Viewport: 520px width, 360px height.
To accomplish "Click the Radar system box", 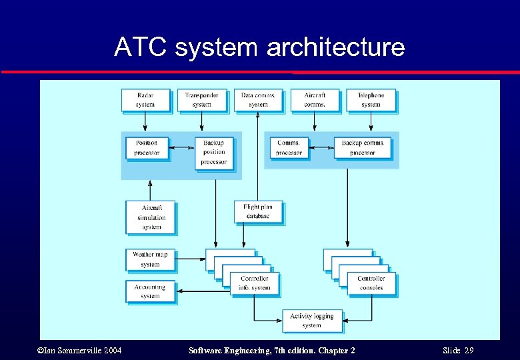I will coord(145,100).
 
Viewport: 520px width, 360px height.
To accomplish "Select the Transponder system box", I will coord(201,100).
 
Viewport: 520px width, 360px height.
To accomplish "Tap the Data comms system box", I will coord(258,100).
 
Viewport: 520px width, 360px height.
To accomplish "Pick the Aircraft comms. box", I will coord(315,100).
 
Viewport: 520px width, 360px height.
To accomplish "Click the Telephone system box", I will coord(371,100).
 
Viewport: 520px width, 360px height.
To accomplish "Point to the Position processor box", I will coord(147,148).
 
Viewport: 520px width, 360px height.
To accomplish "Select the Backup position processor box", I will coord(213,153).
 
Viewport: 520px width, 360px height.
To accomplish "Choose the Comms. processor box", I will coord(289,148).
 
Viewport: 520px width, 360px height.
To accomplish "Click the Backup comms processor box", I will coord(363,148).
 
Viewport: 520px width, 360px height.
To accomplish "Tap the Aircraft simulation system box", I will coord(151,217).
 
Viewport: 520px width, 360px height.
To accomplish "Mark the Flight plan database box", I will coord(257,211).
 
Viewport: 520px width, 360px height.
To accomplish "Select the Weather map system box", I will coord(150,259).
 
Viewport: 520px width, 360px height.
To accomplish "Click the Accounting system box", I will coord(150,291).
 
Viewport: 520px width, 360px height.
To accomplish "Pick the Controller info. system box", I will coord(255,283).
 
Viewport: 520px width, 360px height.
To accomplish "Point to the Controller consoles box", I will coord(371,283).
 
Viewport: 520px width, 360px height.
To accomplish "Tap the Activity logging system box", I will coord(311,321).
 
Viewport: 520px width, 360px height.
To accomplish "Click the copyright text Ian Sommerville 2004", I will coord(79,351).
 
